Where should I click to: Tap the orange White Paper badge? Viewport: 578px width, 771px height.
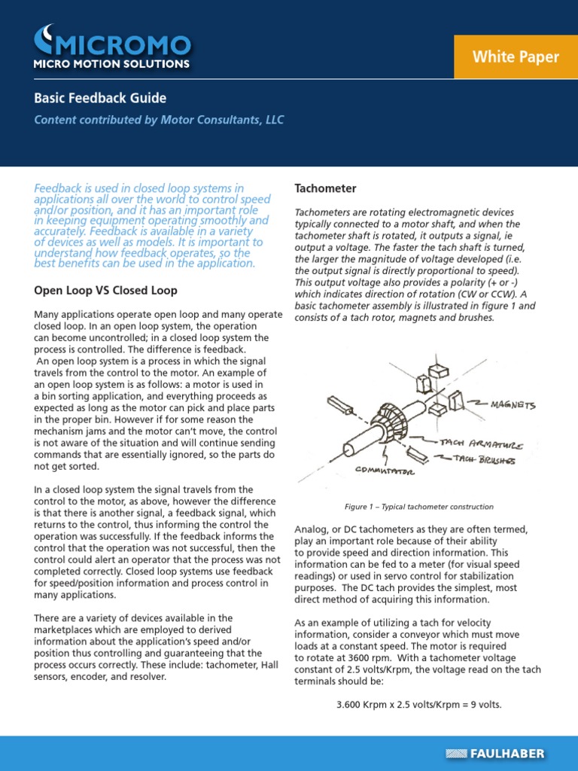click(x=516, y=57)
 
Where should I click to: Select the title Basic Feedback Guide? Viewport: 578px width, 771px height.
click(x=100, y=98)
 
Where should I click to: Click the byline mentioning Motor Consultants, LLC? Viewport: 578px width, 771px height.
click(x=159, y=120)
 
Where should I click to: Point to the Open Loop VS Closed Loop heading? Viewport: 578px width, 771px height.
click(x=106, y=290)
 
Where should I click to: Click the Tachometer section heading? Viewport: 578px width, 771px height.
click(x=325, y=188)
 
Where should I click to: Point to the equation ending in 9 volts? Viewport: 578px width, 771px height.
click(x=418, y=705)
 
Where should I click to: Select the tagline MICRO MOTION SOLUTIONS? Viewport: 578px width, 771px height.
click(x=111, y=64)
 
